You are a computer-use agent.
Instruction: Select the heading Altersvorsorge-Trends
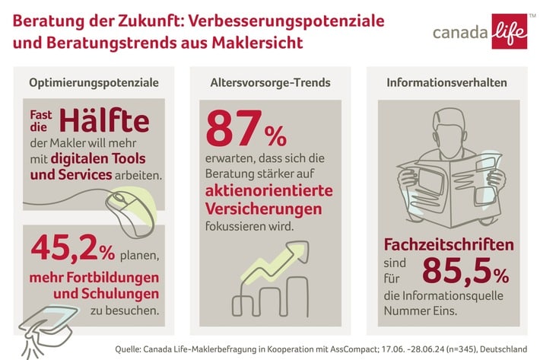(270, 82)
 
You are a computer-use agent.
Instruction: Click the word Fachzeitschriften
(449, 245)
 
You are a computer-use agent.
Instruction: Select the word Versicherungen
(262, 208)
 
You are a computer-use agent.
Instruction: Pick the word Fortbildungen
(106, 275)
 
